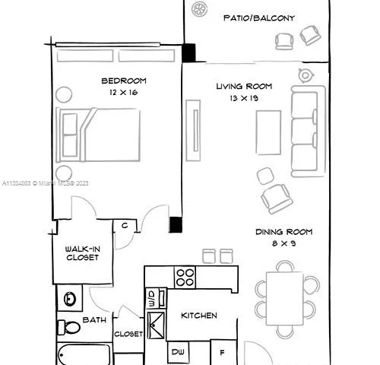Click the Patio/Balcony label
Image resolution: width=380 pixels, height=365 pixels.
[x=259, y=17]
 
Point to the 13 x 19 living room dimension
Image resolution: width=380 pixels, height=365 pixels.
[x=243, y=98]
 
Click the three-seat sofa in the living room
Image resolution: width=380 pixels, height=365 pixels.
[x=308, y=130]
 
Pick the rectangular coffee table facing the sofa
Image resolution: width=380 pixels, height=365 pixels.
[x=266, y=133]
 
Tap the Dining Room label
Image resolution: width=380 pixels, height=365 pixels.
[x=283, y=232]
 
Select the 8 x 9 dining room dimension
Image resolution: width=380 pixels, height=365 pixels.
[x=283, y=243]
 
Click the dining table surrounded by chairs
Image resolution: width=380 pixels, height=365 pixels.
[x=285, y=298]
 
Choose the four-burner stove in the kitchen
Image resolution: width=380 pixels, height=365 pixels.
[x=185, y=277]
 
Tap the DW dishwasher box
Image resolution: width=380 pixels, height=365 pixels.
[x=179, y=352]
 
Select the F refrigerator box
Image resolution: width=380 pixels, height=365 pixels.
[x=222, y=352]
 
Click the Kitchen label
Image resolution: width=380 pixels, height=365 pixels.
[x=199, y=315]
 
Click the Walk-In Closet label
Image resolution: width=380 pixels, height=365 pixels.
[x=81, y=252]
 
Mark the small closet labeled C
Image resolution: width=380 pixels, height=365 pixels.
[x=124, y=225]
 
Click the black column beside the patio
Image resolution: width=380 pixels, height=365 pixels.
[x=188, y=53]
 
